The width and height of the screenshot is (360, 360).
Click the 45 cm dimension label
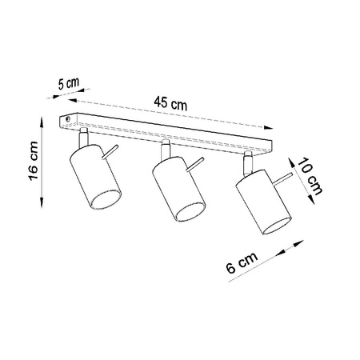[171, 102]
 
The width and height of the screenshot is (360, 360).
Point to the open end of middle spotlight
[191, 210]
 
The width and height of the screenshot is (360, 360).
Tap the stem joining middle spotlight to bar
[166, 150]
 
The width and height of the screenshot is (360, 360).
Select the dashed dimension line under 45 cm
[171, 117]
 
